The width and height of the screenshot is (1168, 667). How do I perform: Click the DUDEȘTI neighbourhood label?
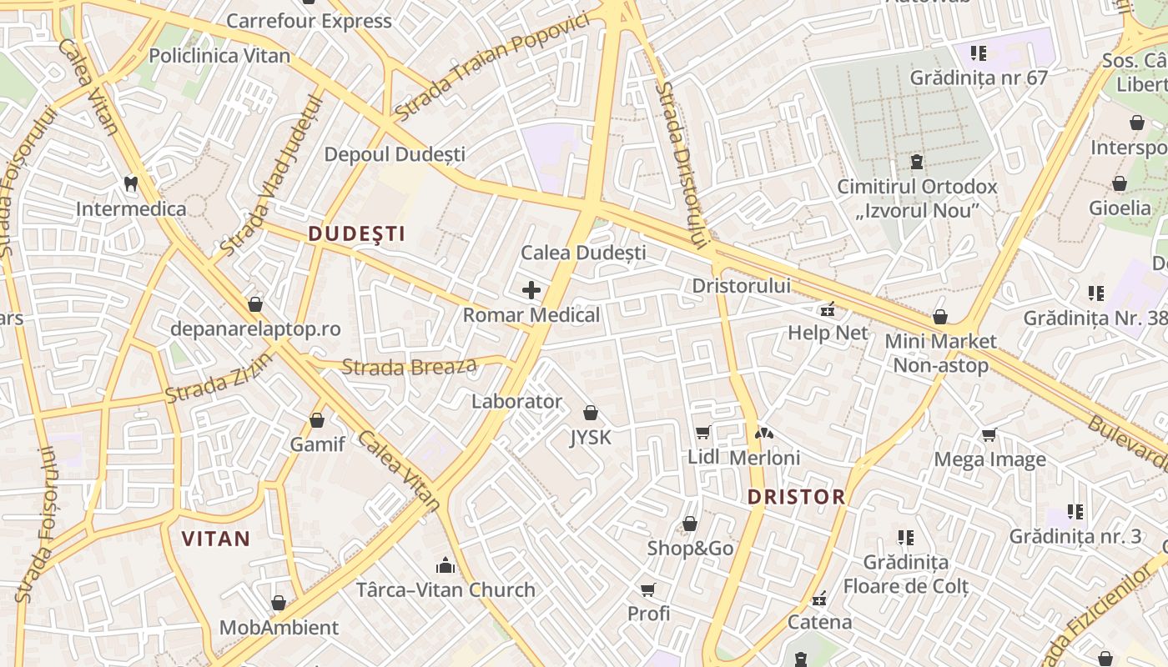pyautogui.click(x=357, y=234)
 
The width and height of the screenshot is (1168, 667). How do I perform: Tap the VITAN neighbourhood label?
pyautogui.click(x=216, y=539)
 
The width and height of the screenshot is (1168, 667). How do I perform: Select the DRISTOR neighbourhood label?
pyautogui.click(x=796, y=498)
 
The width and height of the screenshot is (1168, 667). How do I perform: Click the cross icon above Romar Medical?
pyautogui.click(x=531, y=290)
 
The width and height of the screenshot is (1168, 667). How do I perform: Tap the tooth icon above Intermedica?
pyautogui.click(x=130, y=183)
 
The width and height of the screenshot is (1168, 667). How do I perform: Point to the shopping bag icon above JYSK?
pyautogui.click(x=591, y=412)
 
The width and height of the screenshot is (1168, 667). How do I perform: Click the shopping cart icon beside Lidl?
pyautogui.click(x=703, y=432)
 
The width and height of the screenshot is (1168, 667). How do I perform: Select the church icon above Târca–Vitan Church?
pyautogui.click(x=446, y=565)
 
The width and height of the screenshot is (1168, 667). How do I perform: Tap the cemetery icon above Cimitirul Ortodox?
pyautogui.click(x=917, y=161)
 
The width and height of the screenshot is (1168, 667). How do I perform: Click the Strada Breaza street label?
pyautogui.click(x=410, y=366)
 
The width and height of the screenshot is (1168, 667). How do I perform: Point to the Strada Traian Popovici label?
pyautogui.click(x=492, y=66)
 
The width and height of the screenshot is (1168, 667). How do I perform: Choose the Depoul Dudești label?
pyautogui.click(x=395, y=154)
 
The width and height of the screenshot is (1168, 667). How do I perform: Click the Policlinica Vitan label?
pyautogui.click(x=219, y=56)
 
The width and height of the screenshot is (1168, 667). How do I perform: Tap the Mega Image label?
pyautogui.click(x=989, y=459)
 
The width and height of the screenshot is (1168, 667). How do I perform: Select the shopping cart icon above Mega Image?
pyautogui.click(x=989, y=434)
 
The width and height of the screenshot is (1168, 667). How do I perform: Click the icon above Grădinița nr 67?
pyautogui.click(x=979, y=53)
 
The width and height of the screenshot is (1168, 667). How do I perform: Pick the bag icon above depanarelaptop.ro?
pyautogui.click(x=255, y=304)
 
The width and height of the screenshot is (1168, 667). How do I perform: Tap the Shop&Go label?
pyautogui.click(x=690, y=549)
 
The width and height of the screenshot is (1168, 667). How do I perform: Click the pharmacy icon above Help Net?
pyautogui.click(x=828, y=309)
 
